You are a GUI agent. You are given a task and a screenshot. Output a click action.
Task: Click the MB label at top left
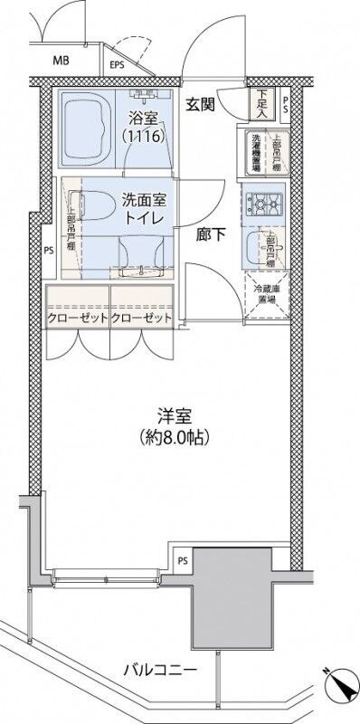tap(61, 62)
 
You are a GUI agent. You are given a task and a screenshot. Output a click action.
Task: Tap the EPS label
tap(118, 64)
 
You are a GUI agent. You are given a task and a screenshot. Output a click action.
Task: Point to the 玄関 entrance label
tap(200, 104)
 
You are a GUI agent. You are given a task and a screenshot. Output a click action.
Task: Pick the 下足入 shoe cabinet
tap(261, 104)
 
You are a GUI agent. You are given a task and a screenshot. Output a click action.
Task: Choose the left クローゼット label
tap(78, 319)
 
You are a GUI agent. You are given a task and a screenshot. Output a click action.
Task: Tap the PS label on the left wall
tap(50, 252)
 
